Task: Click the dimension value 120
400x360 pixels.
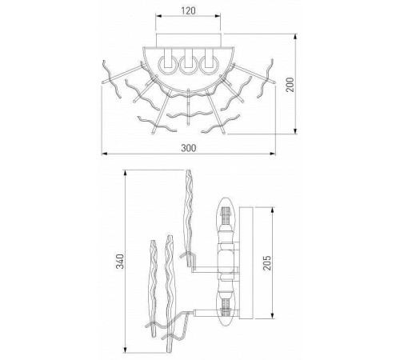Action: pyautogui.click(x=188, y=11)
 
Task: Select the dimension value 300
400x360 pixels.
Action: pyautogui.click(x=189, y=148)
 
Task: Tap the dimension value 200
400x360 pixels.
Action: pyautogui.click(x=290, y=85)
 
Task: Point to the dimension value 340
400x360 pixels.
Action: pyautogui.click(x=120, y=262)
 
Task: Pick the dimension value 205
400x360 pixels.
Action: pyautogui.click(x=267, y=263)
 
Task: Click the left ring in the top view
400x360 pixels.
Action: pyautogui.click(x=167, y=66)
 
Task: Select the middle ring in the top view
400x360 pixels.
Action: pyautogui.click(x=188, y=66)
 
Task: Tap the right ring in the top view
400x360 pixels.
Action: pyautogui.click(x=209, y=66)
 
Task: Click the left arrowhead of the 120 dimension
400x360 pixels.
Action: pyautogui.click(x=158, y=16)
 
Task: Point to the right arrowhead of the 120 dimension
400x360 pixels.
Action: pyautogui.click(x=218, y=16)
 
